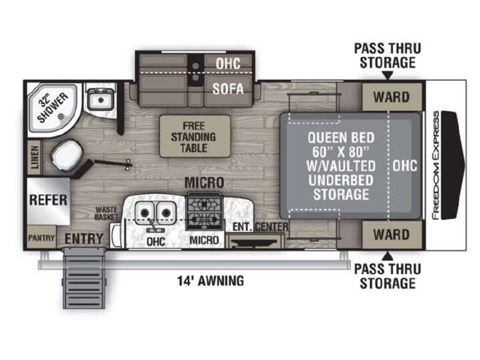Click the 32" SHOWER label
(x=53, y=108)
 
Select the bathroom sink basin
(x=101, y=99)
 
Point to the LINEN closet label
(x=35, y=157)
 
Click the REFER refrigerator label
(x=48, y=200)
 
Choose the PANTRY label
(x=41, y=238)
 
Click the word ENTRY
(x=84, y=239)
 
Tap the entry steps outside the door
(x=84, y=278)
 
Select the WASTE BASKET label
(x=106, y=213)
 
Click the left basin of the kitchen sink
(x=145, y=212)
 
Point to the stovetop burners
(x=203, y=211)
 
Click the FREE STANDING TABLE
(x=195, y=136)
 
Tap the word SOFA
(x=228, y=89)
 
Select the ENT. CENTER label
(x=260, y=227)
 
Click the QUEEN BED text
(x=341, y=138)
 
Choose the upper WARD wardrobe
(x=391, y=97)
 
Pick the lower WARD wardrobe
(x=391, y=235)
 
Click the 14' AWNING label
(x=211, y=281)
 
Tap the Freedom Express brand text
(x=435, y=165)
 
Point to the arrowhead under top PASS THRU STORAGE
(x=387, y=75)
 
